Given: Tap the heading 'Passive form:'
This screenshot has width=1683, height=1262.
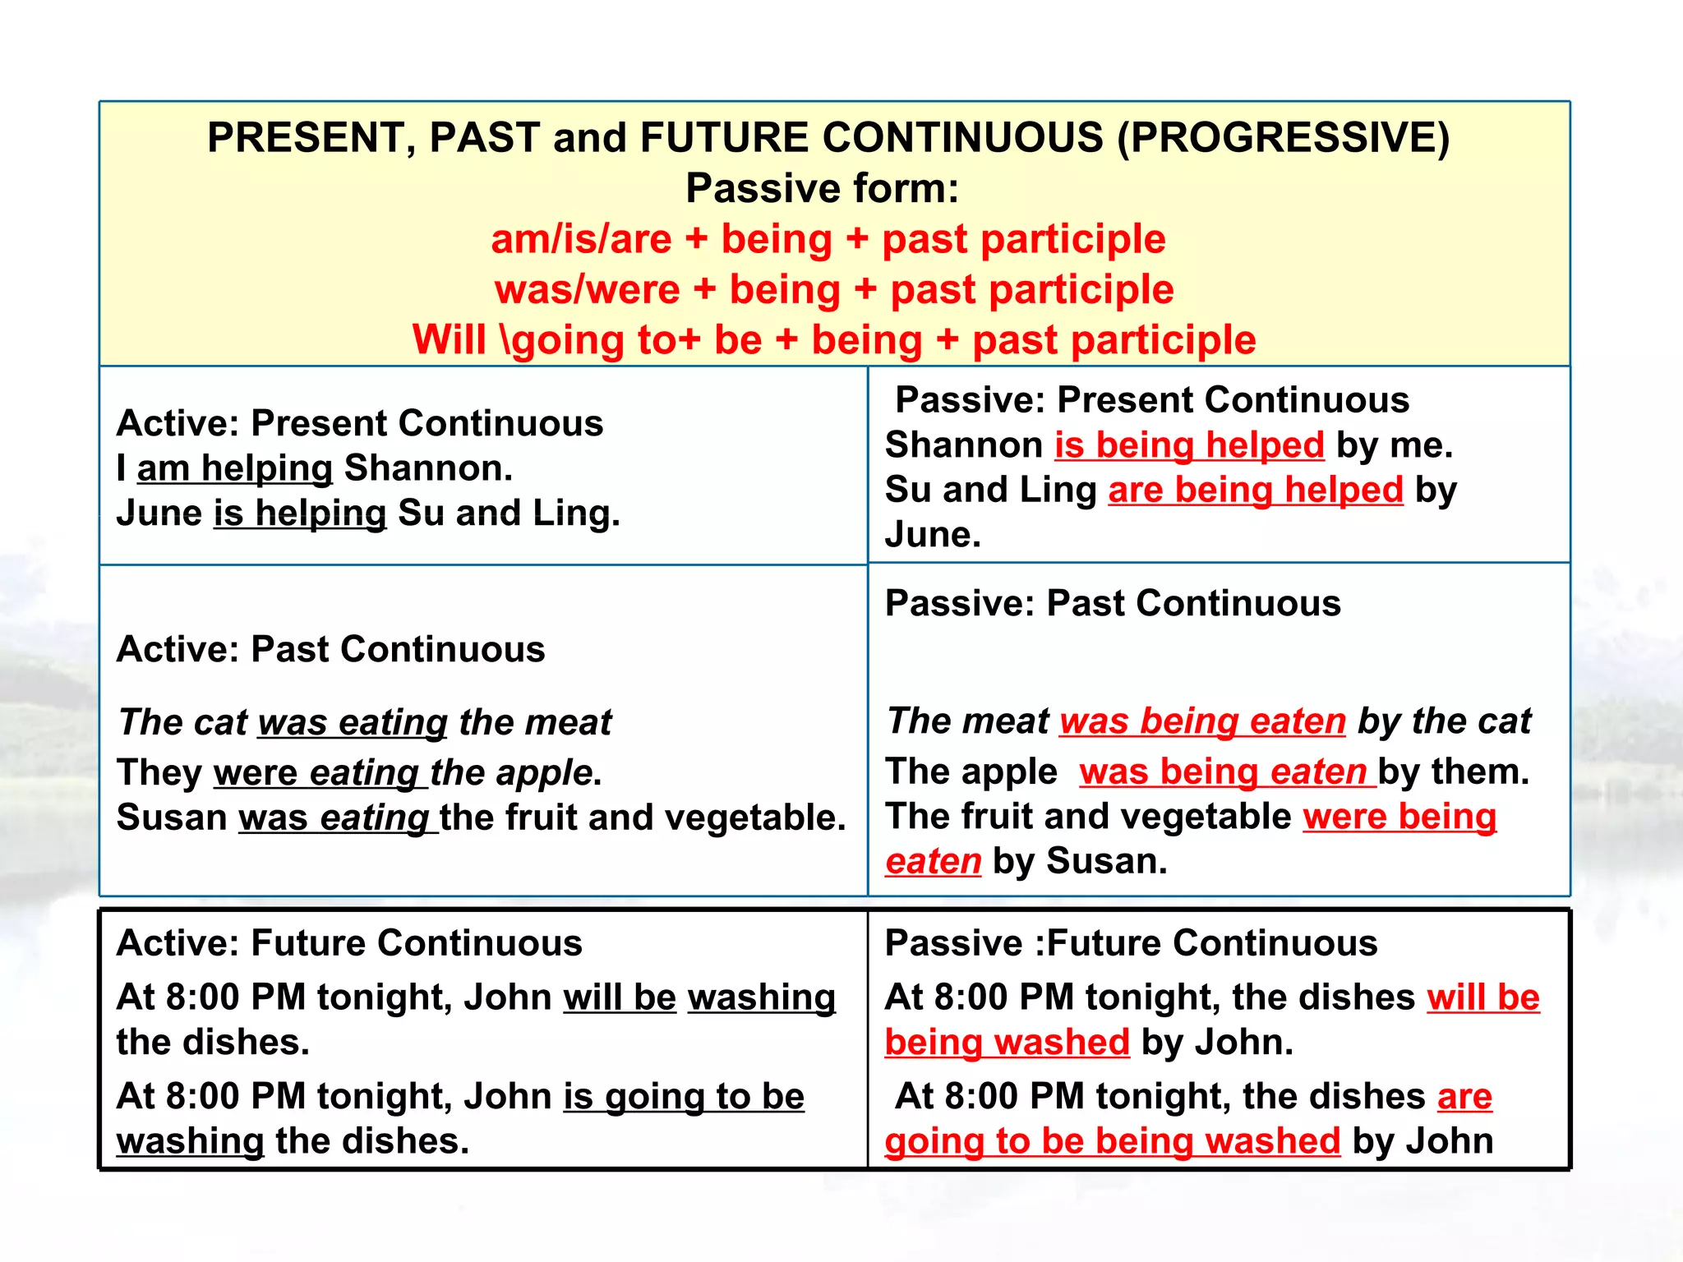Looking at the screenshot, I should [823, 189].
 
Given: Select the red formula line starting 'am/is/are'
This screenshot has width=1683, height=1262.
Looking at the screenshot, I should [828, 240].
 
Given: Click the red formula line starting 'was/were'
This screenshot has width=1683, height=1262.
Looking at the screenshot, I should [834, 290].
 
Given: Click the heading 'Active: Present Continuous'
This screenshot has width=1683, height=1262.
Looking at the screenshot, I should [360, 424].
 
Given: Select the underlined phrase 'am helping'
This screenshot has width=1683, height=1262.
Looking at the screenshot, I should [234, 469].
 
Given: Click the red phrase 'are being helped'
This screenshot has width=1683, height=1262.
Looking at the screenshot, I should [1255, 491].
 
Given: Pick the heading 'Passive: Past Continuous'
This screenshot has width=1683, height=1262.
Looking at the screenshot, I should [1113, 604].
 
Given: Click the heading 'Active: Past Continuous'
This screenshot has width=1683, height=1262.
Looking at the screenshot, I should [330, 650].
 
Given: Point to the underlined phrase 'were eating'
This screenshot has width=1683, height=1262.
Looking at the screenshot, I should [319, 774].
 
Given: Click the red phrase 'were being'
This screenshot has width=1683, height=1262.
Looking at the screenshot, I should [1399, 818].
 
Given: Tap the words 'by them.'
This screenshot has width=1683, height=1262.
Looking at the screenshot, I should [1454, 772].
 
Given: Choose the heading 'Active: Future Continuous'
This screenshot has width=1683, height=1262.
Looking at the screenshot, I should [349, 943].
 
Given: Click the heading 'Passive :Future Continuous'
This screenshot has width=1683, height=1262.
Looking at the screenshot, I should [1131, 943].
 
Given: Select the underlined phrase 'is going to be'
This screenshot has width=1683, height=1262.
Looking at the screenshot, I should [683, 1097].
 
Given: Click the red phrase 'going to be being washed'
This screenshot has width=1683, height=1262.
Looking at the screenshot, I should [1112, 1142].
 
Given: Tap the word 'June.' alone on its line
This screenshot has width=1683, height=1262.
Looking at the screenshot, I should [933, 536].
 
